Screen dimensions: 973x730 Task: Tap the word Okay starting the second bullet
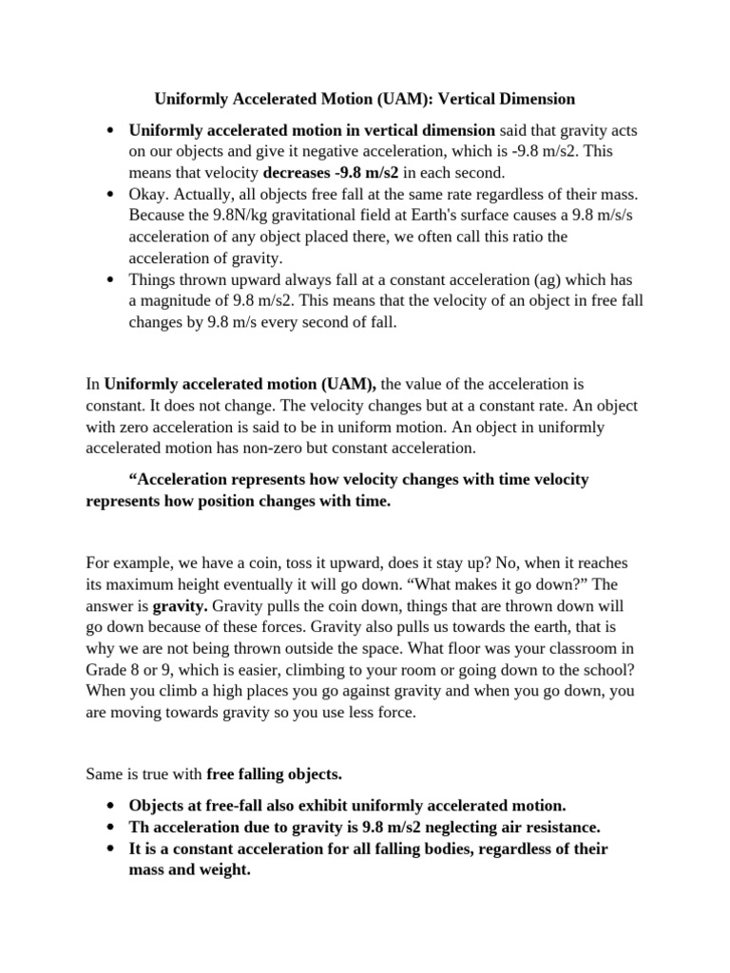pyautogui.click(x=149, y=194)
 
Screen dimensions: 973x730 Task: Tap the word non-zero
pyautogui.click(x=356, y=448)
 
